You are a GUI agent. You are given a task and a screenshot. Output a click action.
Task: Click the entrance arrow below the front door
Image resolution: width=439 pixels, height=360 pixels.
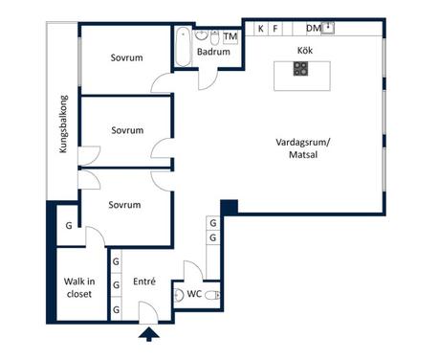click(149, 335)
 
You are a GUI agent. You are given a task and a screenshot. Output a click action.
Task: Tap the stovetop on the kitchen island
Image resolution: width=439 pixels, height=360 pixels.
click(300, 69)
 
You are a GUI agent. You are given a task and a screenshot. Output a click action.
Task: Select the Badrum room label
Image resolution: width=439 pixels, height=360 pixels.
click(213, 52)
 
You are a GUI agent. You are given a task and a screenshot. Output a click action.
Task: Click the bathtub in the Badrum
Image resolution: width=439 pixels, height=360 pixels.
click(184, 47)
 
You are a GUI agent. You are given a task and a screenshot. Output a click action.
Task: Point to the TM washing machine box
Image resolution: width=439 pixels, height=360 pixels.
click(230, 37)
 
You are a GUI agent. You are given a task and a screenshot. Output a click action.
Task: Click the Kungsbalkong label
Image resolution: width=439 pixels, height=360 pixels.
click(63, 124)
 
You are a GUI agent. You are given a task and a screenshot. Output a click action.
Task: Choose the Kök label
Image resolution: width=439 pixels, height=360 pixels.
click(305, 51)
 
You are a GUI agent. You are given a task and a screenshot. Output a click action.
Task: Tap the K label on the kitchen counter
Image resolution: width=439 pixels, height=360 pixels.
click(261, 29)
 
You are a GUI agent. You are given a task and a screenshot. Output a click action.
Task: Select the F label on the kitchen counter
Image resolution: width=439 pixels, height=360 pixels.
click(275, 29)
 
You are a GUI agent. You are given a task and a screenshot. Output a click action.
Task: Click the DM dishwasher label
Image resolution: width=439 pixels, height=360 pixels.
click(314, 29)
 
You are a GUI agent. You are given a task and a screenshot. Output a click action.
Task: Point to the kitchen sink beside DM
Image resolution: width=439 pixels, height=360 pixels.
click(328, 28)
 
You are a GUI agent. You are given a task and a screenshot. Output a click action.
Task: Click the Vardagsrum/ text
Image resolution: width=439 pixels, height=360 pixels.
click(303, 143)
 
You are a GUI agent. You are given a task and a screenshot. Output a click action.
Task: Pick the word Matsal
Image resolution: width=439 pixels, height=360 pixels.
click(303, 155)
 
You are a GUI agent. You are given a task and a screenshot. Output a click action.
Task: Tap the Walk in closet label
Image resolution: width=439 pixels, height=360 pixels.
click(79, 287)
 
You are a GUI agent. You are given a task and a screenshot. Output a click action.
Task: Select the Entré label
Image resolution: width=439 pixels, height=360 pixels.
click(144, 281)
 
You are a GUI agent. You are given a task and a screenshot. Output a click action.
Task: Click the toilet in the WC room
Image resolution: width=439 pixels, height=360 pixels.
click(212, 296)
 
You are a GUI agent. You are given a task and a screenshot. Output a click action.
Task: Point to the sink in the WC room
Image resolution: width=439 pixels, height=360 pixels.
click(179, 295)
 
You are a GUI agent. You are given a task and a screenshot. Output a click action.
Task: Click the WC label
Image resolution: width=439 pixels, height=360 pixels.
click(194, 294)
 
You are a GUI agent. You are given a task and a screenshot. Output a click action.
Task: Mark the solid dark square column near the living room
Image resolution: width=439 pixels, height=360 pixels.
click(230, 208)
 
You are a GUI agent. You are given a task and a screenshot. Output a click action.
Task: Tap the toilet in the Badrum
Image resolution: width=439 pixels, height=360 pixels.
click(214, 37)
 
